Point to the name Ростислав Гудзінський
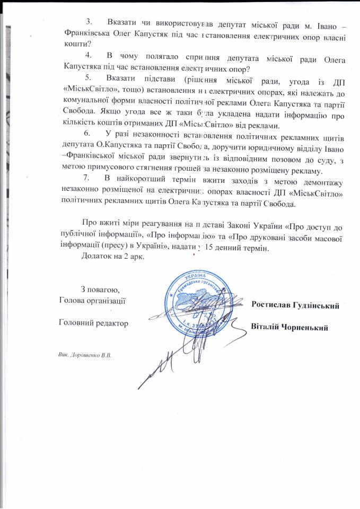point(295,305)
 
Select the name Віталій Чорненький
point(289,327)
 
